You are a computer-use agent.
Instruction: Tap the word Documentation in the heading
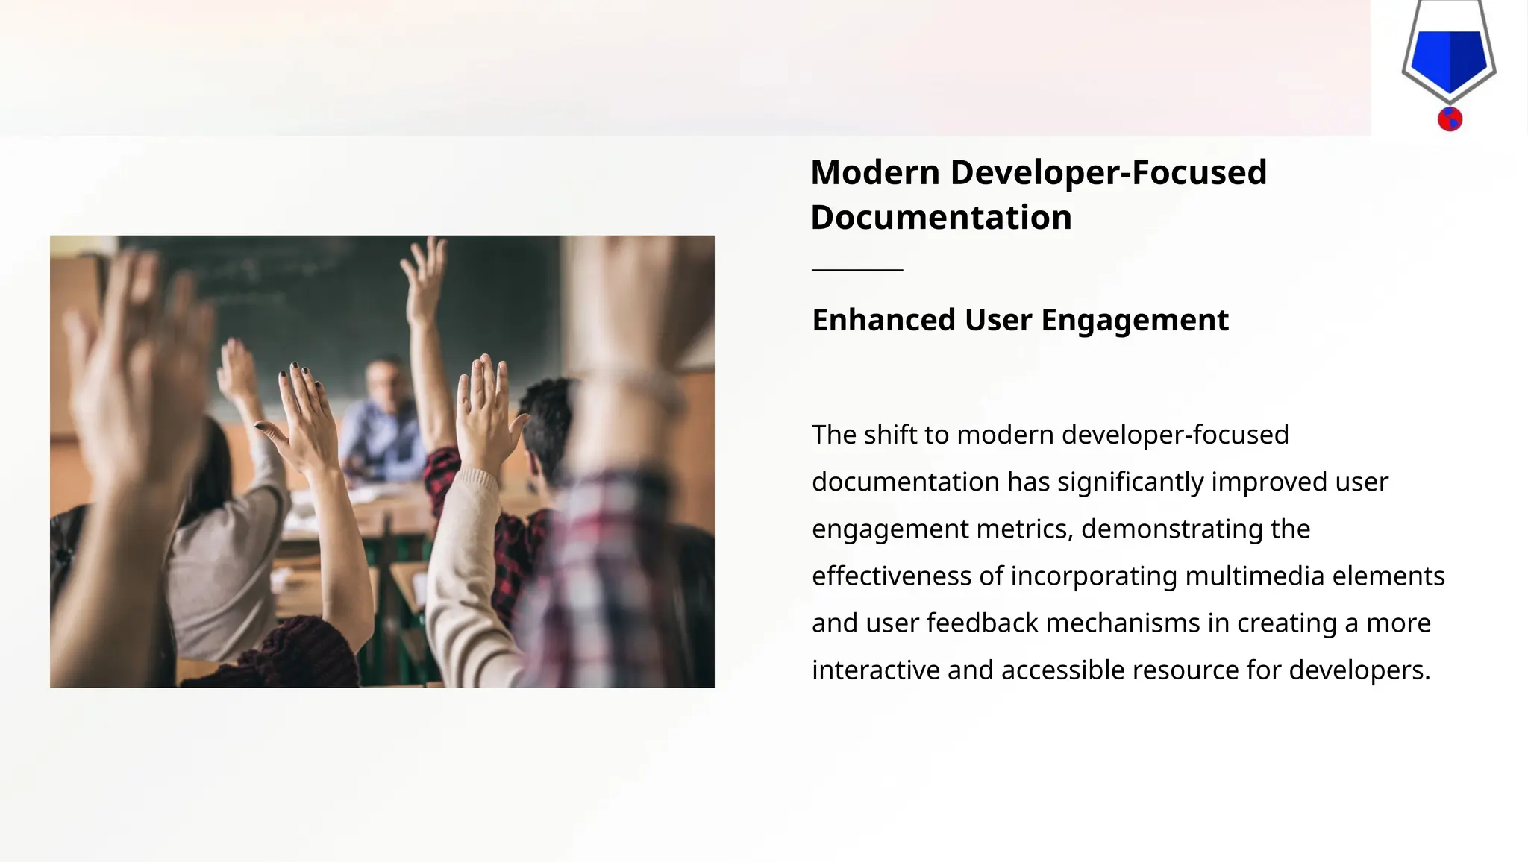(941, 218)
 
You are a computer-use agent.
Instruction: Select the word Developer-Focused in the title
(1108, 173)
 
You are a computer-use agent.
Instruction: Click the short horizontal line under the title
(857, 270)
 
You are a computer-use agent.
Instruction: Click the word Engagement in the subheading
(1134, 321)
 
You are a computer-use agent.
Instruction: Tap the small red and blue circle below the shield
(1450, 119)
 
